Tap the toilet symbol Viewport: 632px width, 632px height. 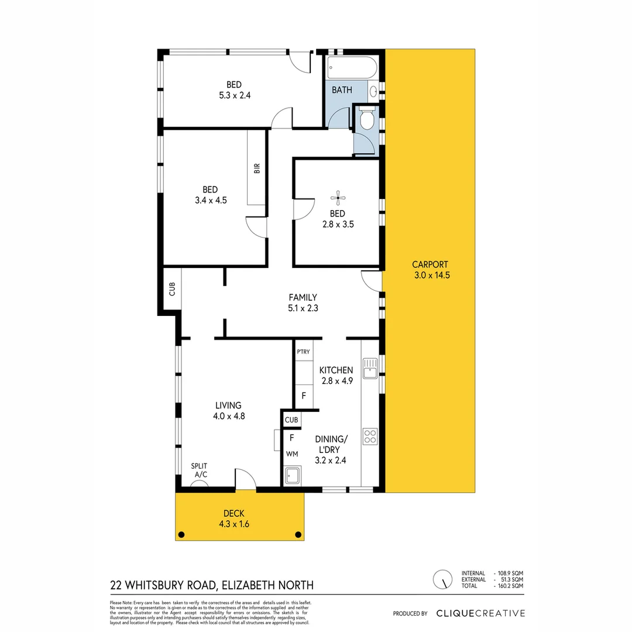point(367,119)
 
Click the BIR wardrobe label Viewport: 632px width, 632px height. point(256,168)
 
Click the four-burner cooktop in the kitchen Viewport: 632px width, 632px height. point(370,436)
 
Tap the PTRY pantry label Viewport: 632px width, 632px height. point(303,352)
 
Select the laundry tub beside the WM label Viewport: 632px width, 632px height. point(291,476)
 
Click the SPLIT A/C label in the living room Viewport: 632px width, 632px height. point(200,470)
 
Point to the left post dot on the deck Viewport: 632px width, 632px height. point(181,534)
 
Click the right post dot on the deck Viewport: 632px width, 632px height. point(298,534)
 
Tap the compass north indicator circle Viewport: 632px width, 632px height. point(442,579)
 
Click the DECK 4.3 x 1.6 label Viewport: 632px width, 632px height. point(233,519)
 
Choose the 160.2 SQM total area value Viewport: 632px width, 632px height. point(509,585)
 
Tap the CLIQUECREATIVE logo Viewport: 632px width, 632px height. point(480,613)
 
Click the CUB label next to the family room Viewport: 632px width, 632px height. point(172,290)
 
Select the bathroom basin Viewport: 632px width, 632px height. point(372,91)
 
